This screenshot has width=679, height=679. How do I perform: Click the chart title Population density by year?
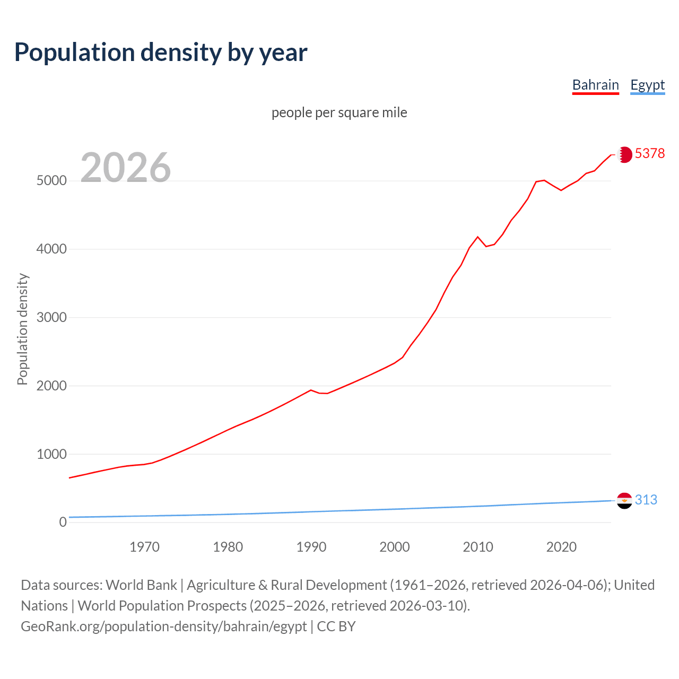pos(161,53)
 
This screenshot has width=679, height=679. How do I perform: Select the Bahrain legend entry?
pos(595,85)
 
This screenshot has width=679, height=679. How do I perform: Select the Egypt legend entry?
pos(647,85)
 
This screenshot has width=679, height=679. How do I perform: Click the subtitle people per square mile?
pos(339,112)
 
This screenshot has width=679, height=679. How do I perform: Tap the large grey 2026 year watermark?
pos(126,168)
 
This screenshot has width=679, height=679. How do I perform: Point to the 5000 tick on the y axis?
pos(51,181)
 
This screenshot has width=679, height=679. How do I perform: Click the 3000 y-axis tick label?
pos(51,317)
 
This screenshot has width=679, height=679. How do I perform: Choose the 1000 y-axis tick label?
pos(51,454)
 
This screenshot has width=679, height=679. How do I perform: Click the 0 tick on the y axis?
pos(63,522)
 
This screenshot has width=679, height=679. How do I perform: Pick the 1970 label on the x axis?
pos(144,547)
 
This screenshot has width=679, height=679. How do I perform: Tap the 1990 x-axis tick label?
pos(311,547)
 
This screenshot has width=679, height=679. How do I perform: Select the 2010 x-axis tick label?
pos(478,547)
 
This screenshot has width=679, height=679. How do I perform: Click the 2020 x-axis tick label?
pos(561,547)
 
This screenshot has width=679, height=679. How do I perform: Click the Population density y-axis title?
pos(22,329)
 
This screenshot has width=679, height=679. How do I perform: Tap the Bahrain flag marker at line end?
pos(624,154)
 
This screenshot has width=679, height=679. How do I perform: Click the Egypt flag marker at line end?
pos(624,500)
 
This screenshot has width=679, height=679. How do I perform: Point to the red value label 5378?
pos(649,153)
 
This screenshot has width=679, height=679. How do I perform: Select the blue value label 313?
pos(646,500)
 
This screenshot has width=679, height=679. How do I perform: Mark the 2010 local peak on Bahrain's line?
pos(477,237)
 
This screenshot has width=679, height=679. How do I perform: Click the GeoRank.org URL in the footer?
pos(163,626)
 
